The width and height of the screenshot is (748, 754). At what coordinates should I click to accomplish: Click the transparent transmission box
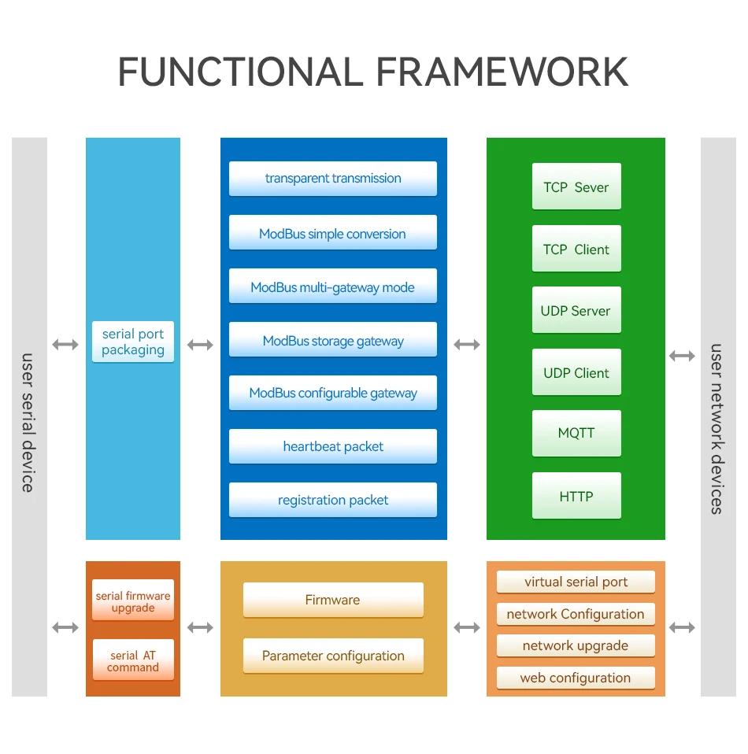coord(332,179)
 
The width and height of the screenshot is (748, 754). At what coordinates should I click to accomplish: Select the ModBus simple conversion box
coord(332,233)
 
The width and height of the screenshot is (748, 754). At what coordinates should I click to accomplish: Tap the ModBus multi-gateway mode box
coord(332,286)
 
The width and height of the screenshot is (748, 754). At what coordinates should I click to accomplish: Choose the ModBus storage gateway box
coord(332,340)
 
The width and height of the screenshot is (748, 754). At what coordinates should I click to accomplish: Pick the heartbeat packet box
coord(332,446)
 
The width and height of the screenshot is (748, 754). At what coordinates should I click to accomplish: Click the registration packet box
coord(332,500)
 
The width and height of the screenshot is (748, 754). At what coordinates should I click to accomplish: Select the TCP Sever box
coord(576,187)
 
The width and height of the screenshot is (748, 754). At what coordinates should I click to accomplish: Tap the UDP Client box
coord(576,372)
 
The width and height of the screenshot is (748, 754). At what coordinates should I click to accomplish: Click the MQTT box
coord(576,433)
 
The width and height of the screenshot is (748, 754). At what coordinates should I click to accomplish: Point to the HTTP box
coord(576,496)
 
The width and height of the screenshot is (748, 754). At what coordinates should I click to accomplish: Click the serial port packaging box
coord(133,342)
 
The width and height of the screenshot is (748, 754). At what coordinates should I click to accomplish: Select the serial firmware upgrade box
coord(133,601)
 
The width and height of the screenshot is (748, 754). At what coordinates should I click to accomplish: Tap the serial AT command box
coord(133,661)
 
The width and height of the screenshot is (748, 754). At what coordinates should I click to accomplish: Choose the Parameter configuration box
coord(333,656)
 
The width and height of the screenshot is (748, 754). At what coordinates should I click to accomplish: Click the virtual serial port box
coord(576,582)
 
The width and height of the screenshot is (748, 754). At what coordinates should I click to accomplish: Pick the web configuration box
coord(576,678)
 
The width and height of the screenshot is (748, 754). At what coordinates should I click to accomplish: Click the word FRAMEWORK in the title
coord(502,72)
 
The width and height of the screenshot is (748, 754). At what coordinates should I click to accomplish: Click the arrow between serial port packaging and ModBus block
coord(200,345)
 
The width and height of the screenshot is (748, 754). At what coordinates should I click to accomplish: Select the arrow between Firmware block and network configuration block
coord(467,627)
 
